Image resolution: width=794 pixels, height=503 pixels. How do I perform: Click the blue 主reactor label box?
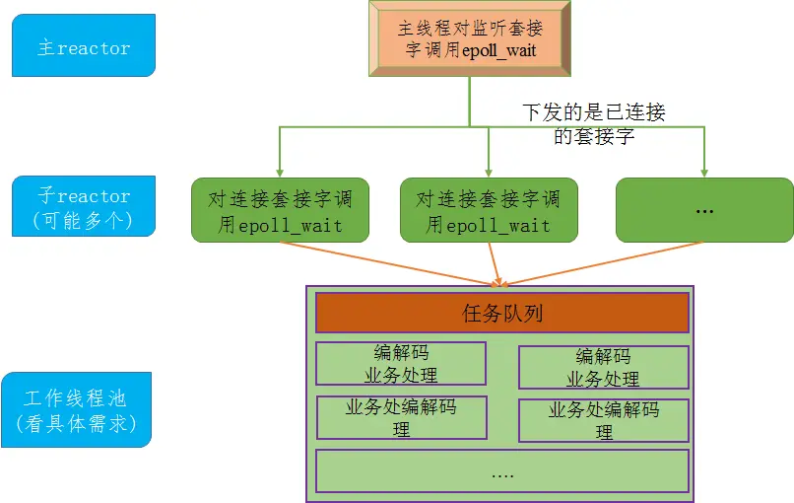coord(84,45)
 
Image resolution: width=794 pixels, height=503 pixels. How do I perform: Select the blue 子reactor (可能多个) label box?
coord(84,206)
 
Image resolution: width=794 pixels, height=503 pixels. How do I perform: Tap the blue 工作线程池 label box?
coord(77,410)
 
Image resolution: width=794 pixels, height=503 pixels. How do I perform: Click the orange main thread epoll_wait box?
coord(470,39)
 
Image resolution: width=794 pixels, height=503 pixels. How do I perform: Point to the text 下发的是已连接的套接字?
coord(593,124)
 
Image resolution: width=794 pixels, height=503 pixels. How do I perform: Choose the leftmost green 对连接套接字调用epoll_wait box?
coord(281,210)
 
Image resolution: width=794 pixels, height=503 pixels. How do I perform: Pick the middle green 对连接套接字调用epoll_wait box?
coord(489,210)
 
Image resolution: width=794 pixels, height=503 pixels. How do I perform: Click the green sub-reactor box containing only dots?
coord(704,210)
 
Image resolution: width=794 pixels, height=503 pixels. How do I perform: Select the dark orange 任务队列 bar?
coord(501,314)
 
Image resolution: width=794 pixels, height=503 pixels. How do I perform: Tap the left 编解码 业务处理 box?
coord(401,363)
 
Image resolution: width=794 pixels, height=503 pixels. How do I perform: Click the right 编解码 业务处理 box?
coord(603,367)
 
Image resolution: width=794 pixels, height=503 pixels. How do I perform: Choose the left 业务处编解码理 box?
coord(401,417)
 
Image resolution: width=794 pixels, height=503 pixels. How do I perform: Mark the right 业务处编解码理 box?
coord(603,420)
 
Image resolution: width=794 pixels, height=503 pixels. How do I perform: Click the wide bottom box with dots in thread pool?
coord(501,471)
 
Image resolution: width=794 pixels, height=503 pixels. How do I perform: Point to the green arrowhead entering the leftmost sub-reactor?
coord(281,172)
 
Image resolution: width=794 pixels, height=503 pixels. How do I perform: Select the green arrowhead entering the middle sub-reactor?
coord(489,172)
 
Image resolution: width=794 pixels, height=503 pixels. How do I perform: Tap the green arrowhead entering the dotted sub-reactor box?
coord(704,172)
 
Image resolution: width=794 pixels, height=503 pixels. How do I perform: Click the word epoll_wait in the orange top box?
coord(498,50)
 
